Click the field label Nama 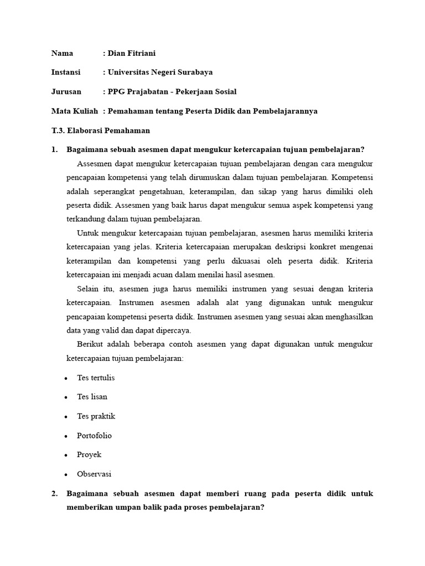(x=62, y=53)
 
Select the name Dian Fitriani (x=132, y=53)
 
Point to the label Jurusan (x=66, y=92)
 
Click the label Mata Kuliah (x=75, y=111)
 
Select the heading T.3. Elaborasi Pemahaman (x=100, y=130)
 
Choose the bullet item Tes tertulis (x=96, y=378)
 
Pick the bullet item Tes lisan (x=92, y=397)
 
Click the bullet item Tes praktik (x=96, y=416)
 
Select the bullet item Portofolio (x=94, y=436)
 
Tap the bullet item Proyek (x=89, y=455)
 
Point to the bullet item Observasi (x=94, y=474)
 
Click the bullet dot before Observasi (x=66, y=475)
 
